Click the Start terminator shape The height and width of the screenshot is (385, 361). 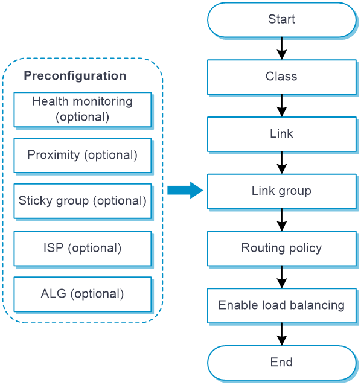tap(282, 20)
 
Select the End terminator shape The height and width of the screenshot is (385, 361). tap(282, 363)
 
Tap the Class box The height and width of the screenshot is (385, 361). tap(282, 77)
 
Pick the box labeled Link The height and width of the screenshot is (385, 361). tap(282, 134)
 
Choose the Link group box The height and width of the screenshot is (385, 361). tap(282, 191)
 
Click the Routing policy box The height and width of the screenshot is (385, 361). tap(282, 249)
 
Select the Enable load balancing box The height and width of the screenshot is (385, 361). tap(282, 306)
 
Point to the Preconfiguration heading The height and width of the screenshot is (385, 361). tap(75, 75)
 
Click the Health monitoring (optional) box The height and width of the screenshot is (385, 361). tap(83, 109)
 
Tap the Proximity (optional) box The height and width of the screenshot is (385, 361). tap(83, 156)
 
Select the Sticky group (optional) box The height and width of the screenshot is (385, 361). tap(83, 201)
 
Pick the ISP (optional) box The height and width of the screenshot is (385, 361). tap(83, 249)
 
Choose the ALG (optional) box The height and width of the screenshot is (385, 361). tap(83, 294)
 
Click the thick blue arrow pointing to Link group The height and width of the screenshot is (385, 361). tap(185, 190)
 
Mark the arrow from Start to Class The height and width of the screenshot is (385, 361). tap(282, 48)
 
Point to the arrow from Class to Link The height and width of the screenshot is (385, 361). tap(282, 106)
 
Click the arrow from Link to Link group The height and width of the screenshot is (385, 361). tap(282, 163)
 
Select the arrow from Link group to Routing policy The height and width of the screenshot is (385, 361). tap(282, 220)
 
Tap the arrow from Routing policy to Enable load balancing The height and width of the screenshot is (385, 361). tap(282, 277)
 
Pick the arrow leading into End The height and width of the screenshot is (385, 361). tap(282, 334)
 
